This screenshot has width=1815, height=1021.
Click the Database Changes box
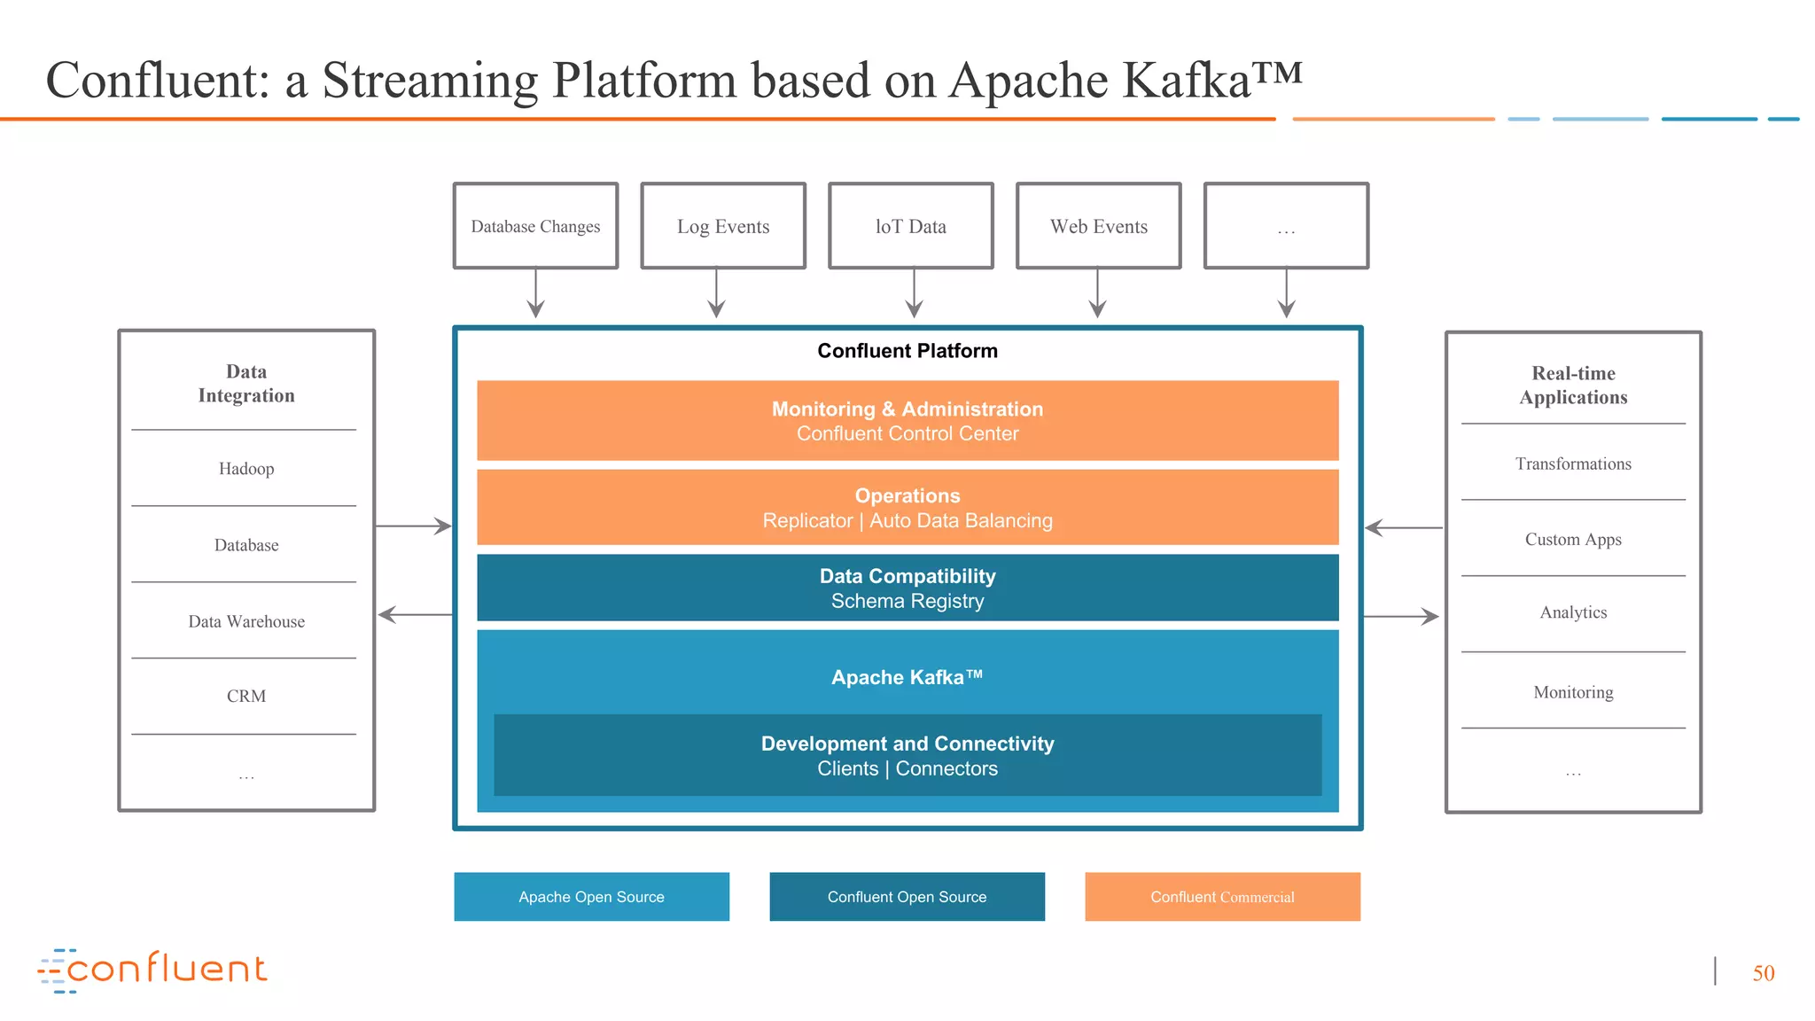pos(535,226)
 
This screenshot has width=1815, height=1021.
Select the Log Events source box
pos(723,226)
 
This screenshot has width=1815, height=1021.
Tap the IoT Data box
pos(910,226)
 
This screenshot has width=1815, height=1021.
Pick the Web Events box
pos(1098,226)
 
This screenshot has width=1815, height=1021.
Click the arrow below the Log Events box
pos(716,293)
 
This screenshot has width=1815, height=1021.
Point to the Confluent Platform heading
pos(907,351)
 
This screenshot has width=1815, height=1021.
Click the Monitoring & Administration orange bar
pos(907,420)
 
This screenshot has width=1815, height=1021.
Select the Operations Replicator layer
pos(907,507)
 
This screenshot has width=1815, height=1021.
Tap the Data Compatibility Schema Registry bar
pos(907,588)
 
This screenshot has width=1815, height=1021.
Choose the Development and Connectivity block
pos(907,755)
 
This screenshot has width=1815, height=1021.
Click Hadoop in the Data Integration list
pos(246,469)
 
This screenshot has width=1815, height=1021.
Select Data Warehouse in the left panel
pos(246,621)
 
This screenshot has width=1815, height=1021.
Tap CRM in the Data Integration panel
pos(246,696)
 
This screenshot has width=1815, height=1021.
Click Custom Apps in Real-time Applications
pos(1573,539)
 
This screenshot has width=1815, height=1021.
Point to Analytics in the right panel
pos(1573,612)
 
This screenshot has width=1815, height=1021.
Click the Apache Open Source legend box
pos(591,896)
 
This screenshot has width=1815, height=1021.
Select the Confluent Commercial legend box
pos(1222,896)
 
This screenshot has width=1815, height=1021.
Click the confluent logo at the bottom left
pos(152,970)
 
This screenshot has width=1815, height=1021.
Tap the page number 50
pos(1763,973)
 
